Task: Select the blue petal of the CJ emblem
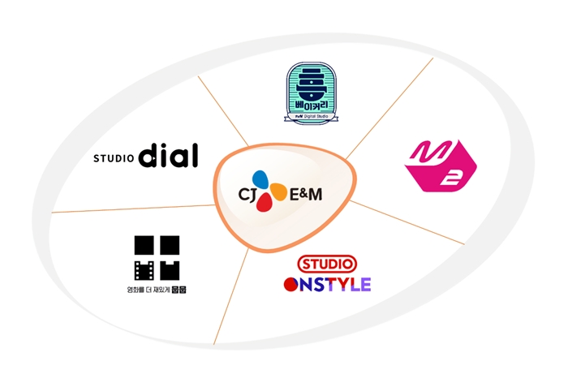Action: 260,180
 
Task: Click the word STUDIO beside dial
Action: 113,158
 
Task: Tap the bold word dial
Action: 168,155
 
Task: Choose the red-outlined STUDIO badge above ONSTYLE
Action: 327,264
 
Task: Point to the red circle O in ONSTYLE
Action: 292,284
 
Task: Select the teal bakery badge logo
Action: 312,92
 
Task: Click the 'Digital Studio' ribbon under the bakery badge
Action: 312,117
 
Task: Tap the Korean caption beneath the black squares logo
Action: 156,289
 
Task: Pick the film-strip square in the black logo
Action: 144,269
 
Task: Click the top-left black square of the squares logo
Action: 144,245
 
